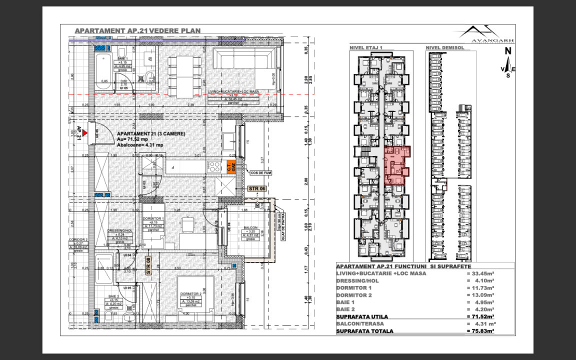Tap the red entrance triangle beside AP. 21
(85, 133)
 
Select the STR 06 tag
(257, 189)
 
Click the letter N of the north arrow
(507, 50)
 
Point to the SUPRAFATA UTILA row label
(362, 316)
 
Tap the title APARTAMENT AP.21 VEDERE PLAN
(137, 30)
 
